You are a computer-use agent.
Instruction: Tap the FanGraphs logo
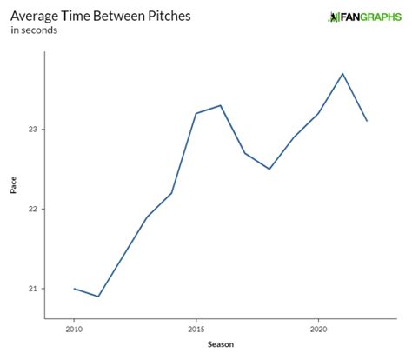coord(363,17)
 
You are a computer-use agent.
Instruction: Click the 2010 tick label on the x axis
coord(74,330)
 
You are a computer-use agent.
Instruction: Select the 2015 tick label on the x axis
coord(196,330)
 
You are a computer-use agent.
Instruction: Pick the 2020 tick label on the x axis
coord(318,330)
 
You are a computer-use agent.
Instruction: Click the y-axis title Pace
coord(13,185)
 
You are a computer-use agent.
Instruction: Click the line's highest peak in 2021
coord(342,74)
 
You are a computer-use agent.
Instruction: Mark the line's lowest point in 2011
coord(98,297)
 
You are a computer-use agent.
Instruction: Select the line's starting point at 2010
coord(74,289)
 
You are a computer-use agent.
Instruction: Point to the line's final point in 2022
coord(367,121)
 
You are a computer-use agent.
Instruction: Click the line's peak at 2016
coord(221,106)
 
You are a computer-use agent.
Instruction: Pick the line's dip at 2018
coord(269,169)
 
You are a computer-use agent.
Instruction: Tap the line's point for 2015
coord(196,113)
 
